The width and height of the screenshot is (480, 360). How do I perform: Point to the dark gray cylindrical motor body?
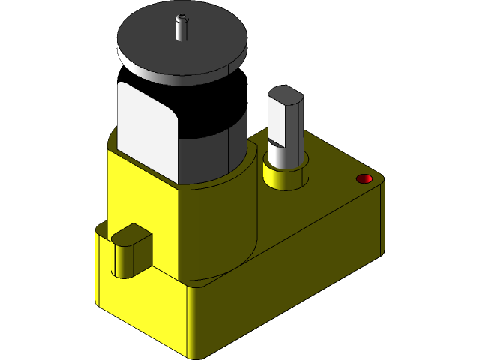(217, 135)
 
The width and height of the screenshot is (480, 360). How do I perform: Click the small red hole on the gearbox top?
(364, 178)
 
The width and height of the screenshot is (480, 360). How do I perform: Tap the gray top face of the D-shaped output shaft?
(284, 94)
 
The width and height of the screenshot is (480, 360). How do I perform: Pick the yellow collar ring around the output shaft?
(283, 180)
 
